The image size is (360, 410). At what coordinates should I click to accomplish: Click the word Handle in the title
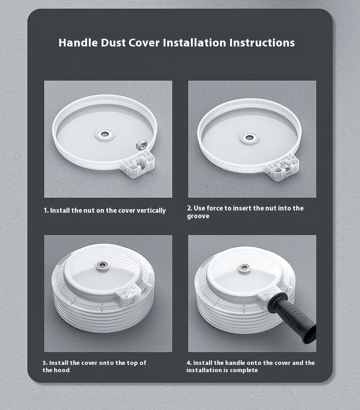(78, 43)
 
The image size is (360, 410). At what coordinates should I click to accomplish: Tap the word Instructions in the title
(262, 43)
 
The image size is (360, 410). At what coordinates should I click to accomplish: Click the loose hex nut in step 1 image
(142, 144)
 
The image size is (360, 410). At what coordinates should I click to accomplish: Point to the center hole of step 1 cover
(105, 134)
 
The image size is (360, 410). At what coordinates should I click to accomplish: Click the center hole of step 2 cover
(249, 137)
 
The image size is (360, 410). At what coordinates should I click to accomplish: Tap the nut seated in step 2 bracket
(287, 169)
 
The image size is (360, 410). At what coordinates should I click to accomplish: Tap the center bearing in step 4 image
(245, 268)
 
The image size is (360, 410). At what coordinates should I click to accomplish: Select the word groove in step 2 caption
(198, 216)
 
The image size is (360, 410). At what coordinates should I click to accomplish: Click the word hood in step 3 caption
(62, 370)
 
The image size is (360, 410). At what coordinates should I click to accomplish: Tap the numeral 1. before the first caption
(46, 210)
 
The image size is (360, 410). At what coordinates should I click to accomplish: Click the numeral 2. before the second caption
(190, 208)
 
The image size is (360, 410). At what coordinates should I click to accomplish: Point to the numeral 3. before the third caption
(45, 363)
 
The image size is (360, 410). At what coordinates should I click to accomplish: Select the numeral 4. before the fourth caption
(189, 363)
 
